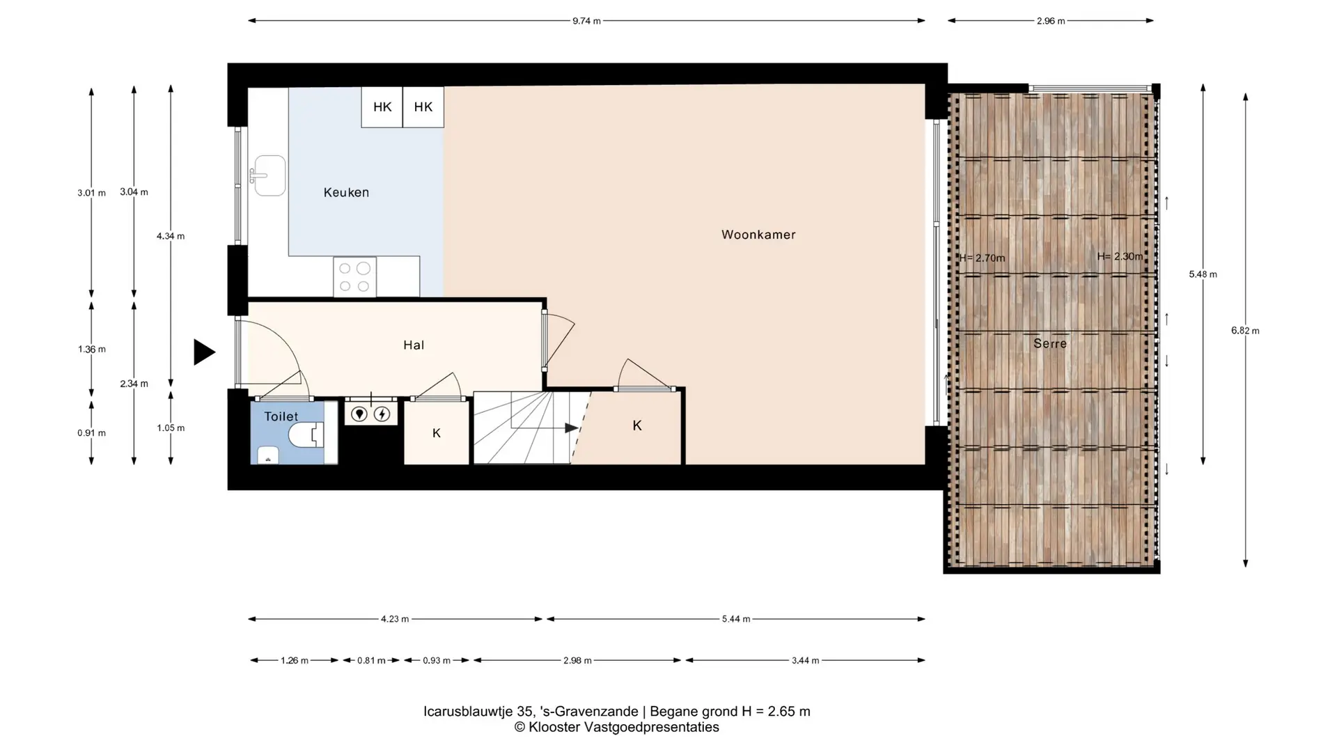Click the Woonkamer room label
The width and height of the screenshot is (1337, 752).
coord(758,235)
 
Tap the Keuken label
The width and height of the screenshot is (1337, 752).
coord(346,192)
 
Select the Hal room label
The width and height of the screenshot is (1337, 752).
coord(414,345)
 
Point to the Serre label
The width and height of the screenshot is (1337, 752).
coord(1050,343)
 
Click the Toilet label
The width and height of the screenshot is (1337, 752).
coord(281,416)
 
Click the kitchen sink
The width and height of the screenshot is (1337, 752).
coord(268,175)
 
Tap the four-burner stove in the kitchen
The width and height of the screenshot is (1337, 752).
coord(354,277)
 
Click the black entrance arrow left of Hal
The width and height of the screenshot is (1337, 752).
coord(204,352)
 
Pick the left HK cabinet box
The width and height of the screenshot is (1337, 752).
coord(382,107)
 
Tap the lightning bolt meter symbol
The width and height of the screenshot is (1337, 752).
coord(382,415)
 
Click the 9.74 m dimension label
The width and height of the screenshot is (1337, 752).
coord(586,21)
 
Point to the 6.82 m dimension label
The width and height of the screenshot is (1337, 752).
coord(1245,331)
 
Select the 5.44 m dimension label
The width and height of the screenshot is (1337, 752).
coord(736,619)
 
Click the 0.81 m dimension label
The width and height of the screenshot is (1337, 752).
coord(371,660)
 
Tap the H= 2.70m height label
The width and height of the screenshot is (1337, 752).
coord(982,258)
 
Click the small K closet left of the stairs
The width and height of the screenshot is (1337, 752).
coord(437,433)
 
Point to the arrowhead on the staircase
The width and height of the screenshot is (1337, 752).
coord(572,428)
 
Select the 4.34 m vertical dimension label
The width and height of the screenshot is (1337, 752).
coord(171,236)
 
